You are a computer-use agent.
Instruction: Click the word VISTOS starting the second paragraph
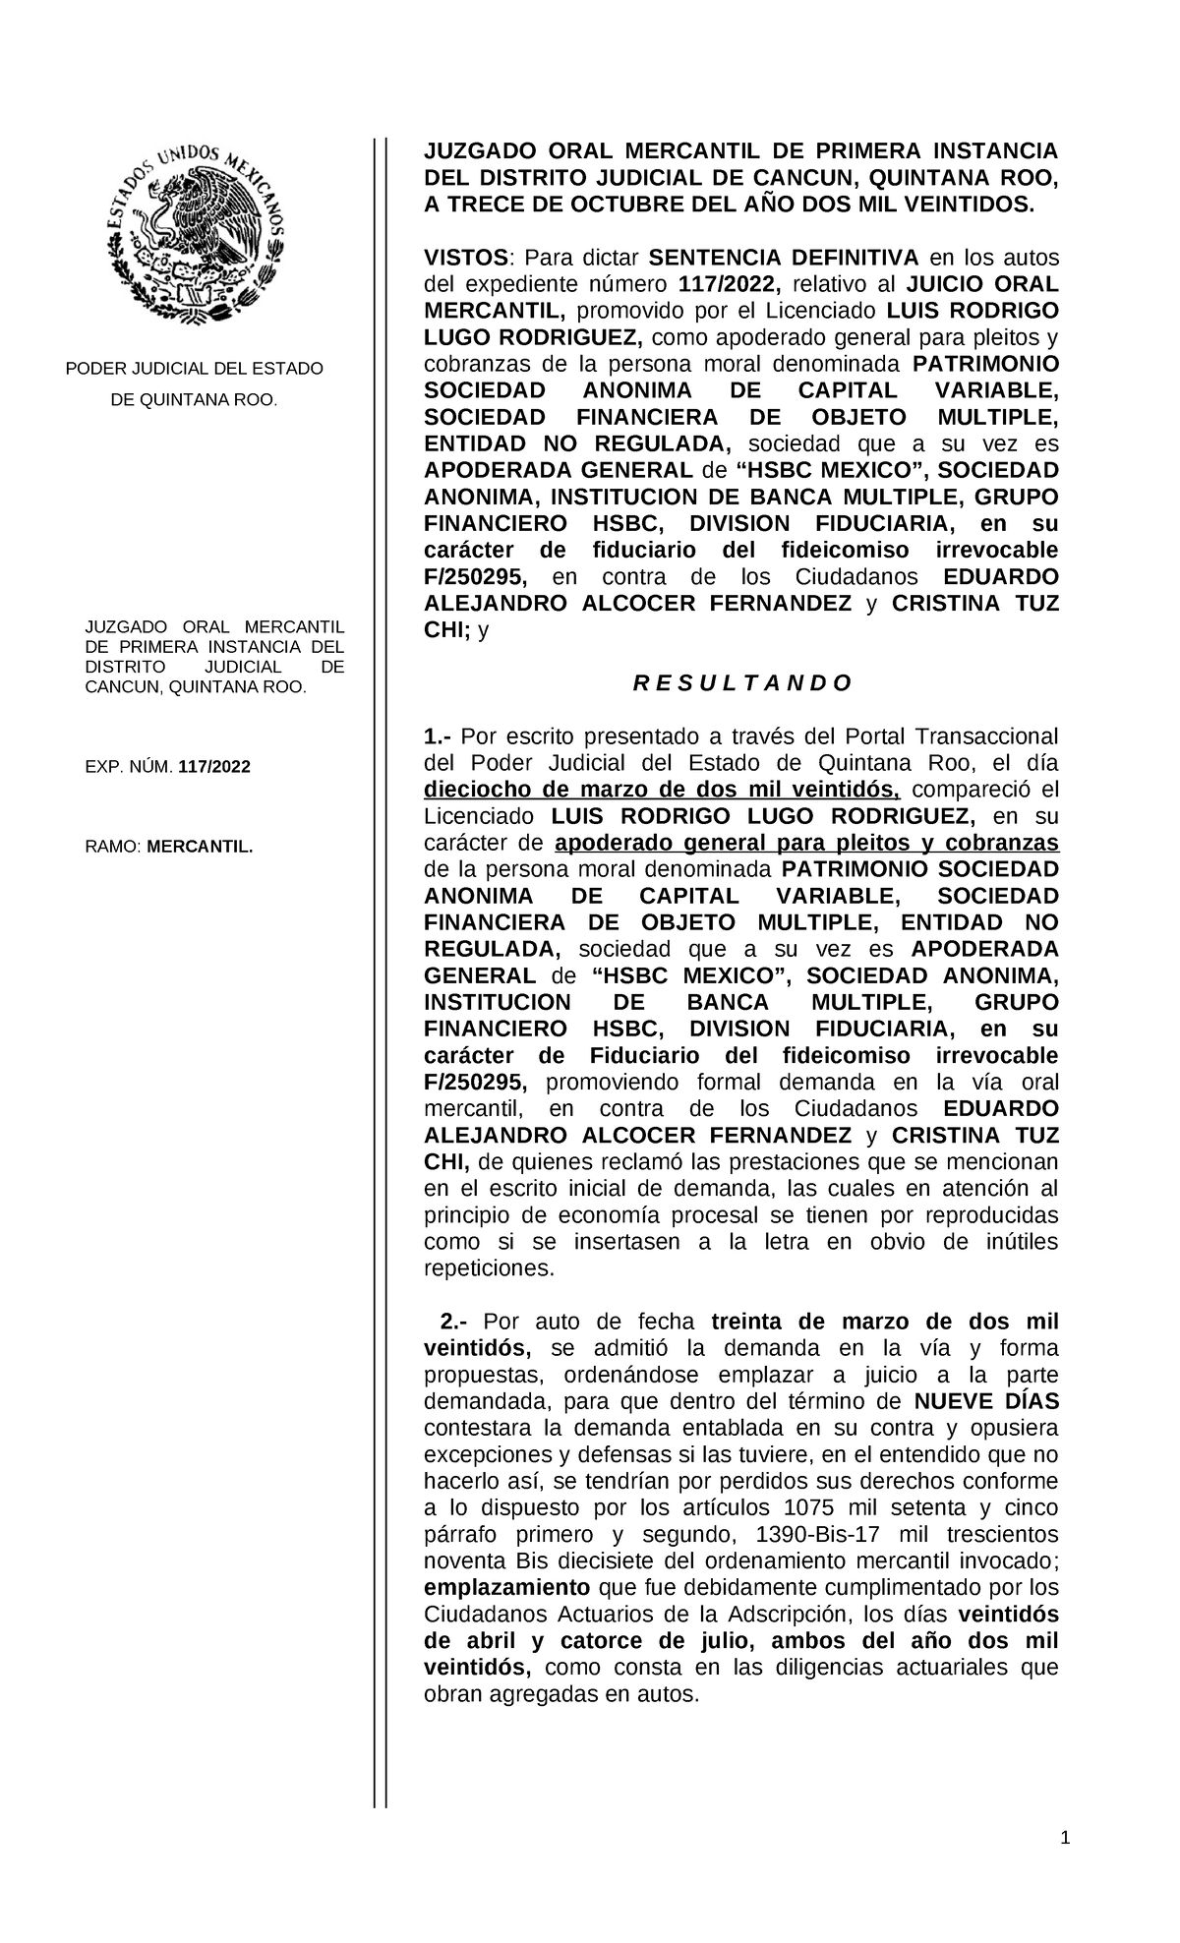pyautogui.click(x=466, y=259)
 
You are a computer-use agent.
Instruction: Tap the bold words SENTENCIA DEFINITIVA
pyautogui.click(x=784, y=259)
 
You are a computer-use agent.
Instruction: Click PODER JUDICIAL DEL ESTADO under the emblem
pyautogui.click(x=194, y=369)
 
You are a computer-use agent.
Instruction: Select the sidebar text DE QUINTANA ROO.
pyautogui.click(x=194, y=400)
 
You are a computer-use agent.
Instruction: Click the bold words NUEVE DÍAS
pyautogui.click(x=985, y=1401)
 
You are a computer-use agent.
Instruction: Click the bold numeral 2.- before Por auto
pyautogui.click(x=455, y=1322)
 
